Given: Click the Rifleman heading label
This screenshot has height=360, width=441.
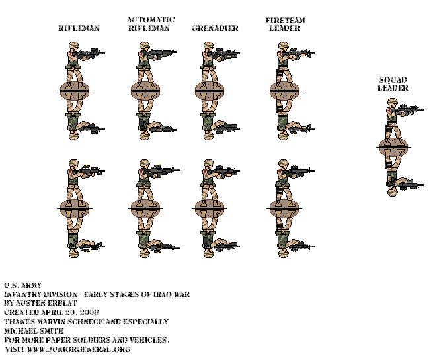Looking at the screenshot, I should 79,28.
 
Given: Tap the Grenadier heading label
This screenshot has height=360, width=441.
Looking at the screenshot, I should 216,28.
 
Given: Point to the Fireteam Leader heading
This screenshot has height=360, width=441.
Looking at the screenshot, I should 285,24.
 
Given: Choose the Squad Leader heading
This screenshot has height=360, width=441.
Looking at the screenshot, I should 393,84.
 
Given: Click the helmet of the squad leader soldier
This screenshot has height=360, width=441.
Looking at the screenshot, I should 392,103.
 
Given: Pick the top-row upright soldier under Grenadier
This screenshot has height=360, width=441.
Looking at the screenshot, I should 210,63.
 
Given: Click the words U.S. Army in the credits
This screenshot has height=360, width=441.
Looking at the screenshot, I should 22,285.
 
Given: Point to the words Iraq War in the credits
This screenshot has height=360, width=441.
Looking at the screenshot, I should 165,294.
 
